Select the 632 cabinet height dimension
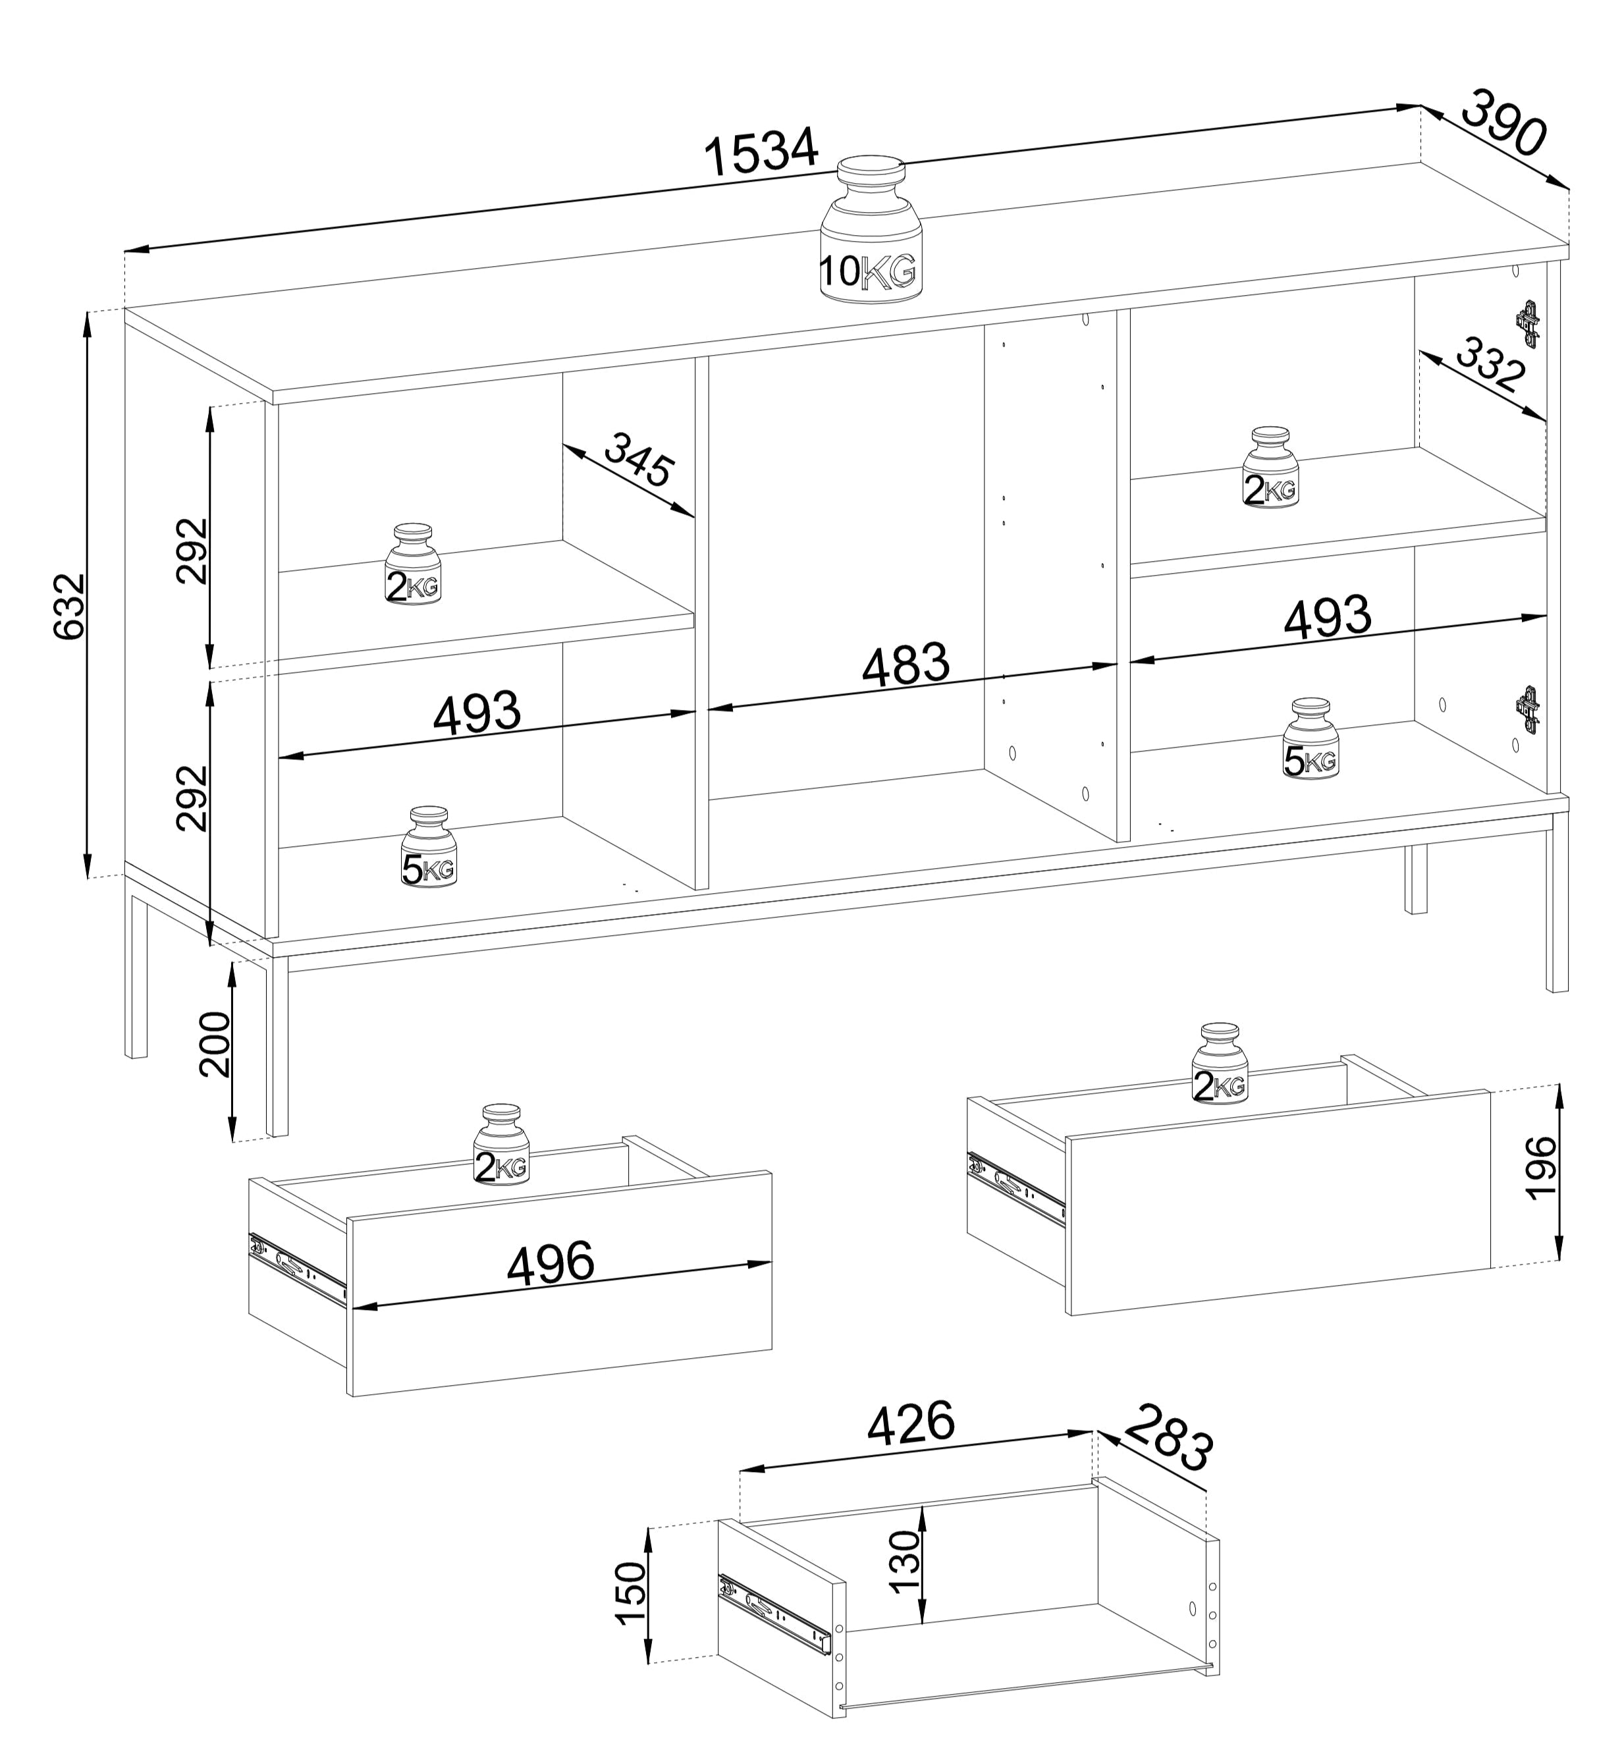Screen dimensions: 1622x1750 (x=71, y=605)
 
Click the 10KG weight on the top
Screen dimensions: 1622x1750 (x=871, y=230)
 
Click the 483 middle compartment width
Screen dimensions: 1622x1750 (x=906, y=665)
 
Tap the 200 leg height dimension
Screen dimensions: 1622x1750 (x=215, y=1043)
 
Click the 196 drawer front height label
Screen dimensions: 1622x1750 (x=1541, y=1167)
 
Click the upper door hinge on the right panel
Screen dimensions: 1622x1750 (x=1527, y=323)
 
